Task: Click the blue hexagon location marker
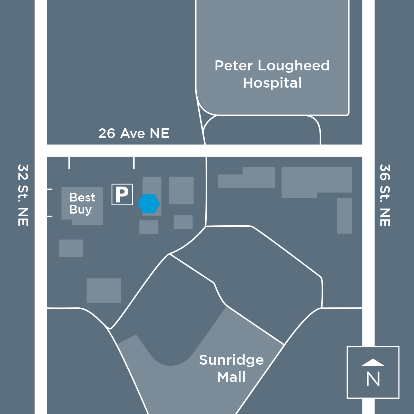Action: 149,204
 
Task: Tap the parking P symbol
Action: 122,194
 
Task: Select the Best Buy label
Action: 82,204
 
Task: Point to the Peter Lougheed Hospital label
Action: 272,74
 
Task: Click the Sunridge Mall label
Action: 231,368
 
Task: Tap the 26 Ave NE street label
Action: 134,134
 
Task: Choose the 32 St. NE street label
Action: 23,195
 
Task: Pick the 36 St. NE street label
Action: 385,195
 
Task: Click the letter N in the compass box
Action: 373,379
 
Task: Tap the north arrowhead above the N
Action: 373,362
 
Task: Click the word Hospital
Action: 272,83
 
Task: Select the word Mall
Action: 231,377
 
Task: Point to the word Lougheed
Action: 294,66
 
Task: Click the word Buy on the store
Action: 80,210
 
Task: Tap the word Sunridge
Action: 231,360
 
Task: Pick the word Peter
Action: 234,66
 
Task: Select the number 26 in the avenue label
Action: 107,134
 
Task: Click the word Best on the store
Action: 82,197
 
